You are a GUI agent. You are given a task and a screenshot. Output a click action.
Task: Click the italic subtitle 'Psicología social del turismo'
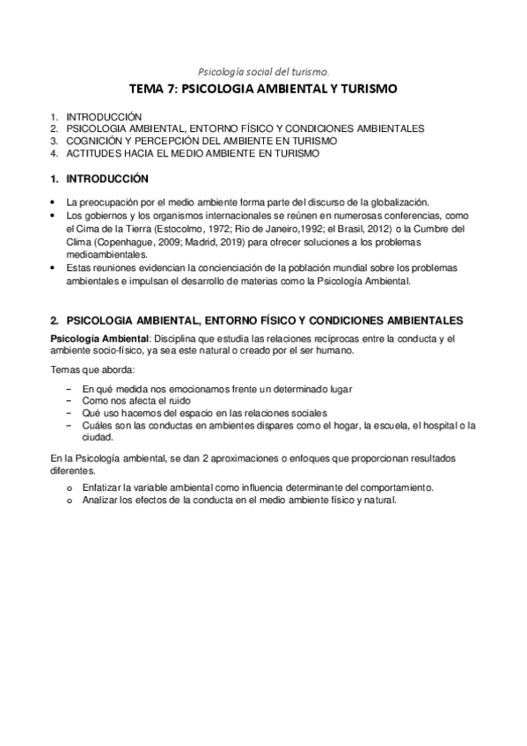(263, 72)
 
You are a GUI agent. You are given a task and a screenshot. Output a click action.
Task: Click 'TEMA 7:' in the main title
(152, 90)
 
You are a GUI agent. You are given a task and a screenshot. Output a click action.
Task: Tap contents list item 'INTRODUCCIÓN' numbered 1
(103, 116)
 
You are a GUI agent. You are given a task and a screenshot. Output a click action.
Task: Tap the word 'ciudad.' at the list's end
(96, 437)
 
